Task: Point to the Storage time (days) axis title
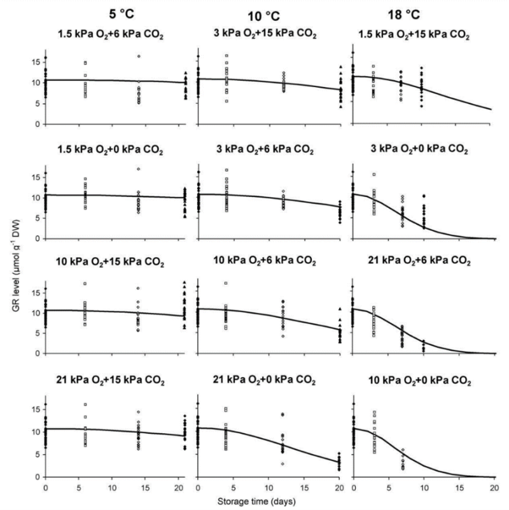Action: coord(267,500)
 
